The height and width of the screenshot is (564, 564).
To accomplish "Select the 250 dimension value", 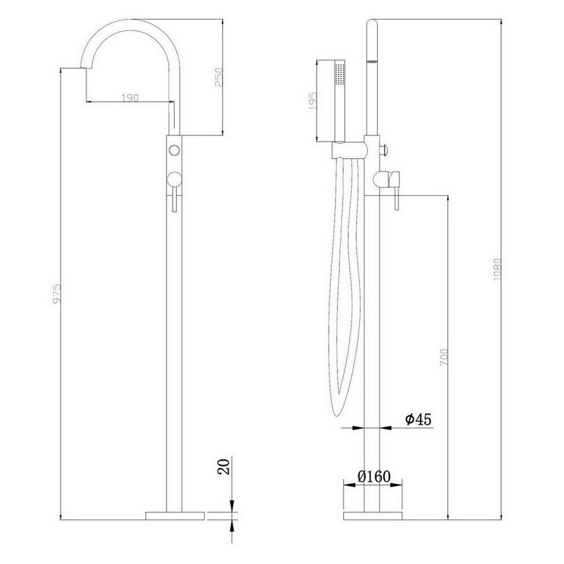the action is [x=219, y=77].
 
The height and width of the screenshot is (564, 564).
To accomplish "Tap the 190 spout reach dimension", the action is [x=130, y=98].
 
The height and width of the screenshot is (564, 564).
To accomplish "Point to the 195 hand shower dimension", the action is [x=312, y=100].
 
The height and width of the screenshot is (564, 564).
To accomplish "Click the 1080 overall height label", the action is [x=497, y=269].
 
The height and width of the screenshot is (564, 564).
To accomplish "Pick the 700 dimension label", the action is [x=444, y=357].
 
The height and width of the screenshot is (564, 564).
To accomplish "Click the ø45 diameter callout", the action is [x=418, y=419].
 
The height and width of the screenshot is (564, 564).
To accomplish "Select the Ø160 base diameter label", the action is [x=374, y=477].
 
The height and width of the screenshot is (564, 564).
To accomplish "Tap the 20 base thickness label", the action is [x=224, y=466].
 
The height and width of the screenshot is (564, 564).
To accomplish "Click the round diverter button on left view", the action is [x=174, y=149].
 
